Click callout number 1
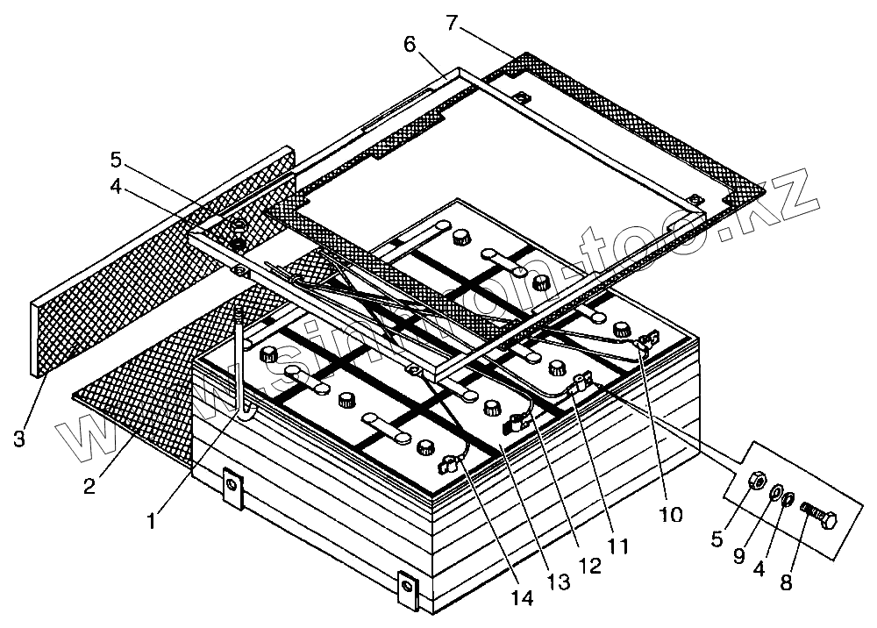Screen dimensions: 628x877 point(152,520)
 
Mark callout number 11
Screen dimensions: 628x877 point(618,546)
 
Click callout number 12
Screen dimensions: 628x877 point(588,566)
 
